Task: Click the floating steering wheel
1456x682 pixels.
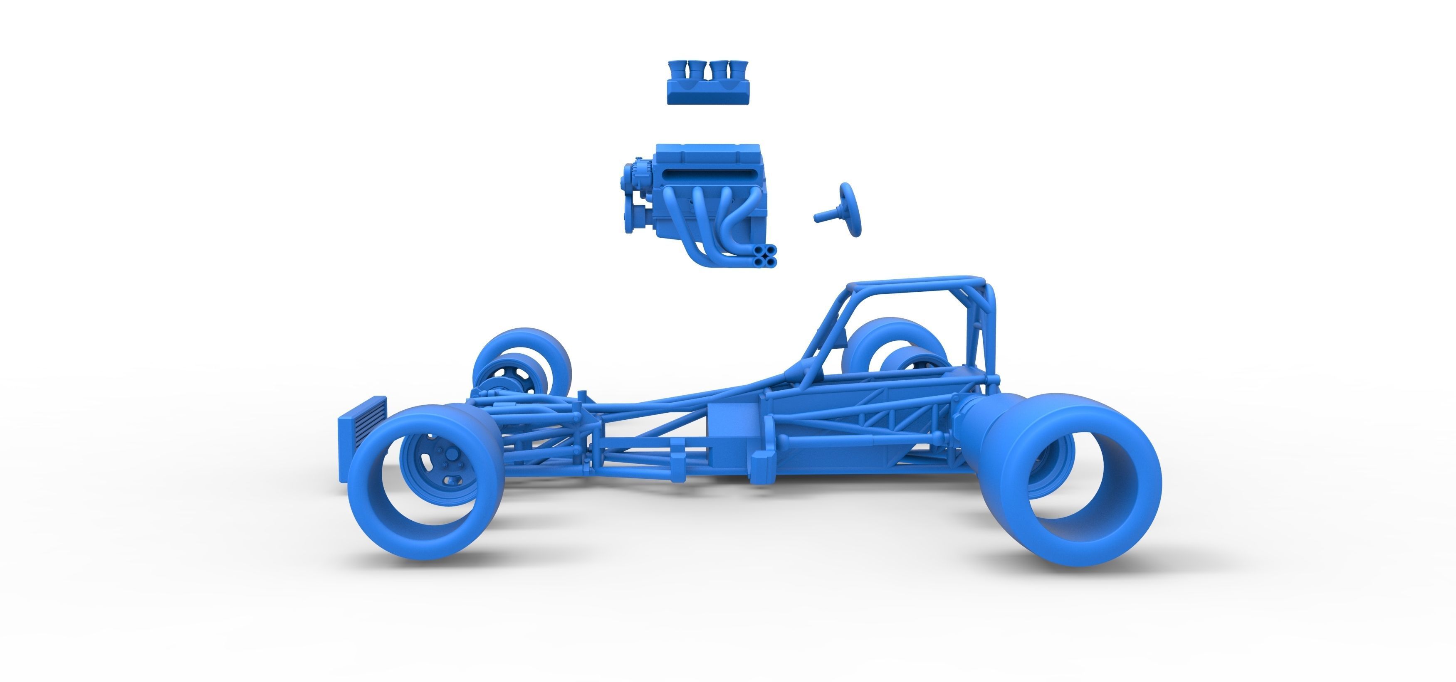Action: (850, 209)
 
